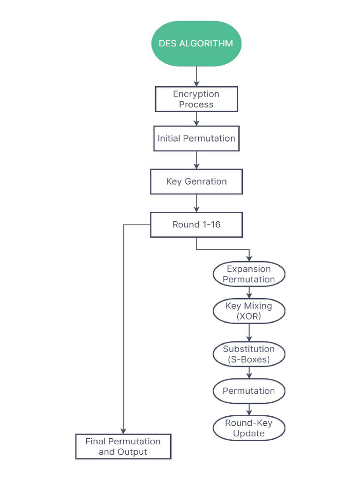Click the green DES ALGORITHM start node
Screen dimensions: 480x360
196,43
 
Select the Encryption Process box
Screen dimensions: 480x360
196,99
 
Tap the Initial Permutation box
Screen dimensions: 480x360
196,138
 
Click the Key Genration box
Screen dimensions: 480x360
196,181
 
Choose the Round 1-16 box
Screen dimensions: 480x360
196,225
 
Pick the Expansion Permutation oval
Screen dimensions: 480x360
249,274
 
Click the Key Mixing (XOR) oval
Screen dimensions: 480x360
249,311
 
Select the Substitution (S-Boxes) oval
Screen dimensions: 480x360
249,354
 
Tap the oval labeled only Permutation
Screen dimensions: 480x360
249,391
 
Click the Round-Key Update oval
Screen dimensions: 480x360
249,428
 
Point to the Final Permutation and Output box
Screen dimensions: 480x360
123,447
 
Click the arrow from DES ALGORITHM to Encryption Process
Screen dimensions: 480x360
196,76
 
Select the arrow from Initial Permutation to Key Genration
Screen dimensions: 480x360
196,160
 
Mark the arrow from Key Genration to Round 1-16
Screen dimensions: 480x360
196,203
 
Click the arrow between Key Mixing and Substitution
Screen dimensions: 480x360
249,333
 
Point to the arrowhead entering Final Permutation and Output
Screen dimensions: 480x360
123,431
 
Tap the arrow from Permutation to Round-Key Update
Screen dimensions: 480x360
249,409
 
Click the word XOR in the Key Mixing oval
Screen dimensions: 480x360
249,316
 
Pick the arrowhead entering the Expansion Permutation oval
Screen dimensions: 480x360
249,258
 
